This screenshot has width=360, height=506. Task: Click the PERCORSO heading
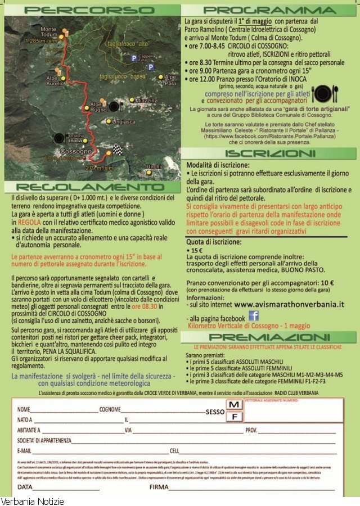coord(90,10)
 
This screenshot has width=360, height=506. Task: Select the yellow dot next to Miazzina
coord(132,100)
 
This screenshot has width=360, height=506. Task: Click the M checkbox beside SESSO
coord(235,405)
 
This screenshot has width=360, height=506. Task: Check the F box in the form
coord(235,417)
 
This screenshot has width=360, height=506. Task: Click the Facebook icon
coord(254,316)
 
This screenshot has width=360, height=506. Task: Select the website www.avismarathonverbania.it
coord(289,304)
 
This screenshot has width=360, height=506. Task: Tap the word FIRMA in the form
coord(160,487)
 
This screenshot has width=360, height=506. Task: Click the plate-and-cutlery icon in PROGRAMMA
coord(321,93)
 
